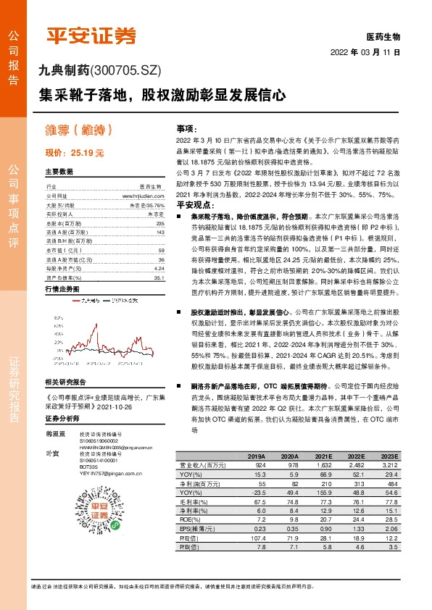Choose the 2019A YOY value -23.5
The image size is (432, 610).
[255, 493]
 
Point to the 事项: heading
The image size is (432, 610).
[187, 127]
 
